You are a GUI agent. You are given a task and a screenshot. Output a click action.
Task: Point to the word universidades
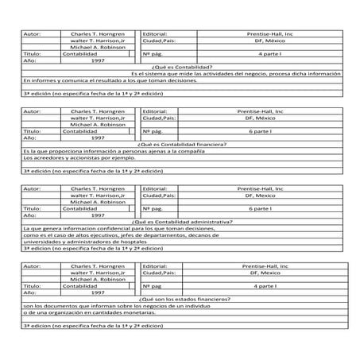(43, 242)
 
